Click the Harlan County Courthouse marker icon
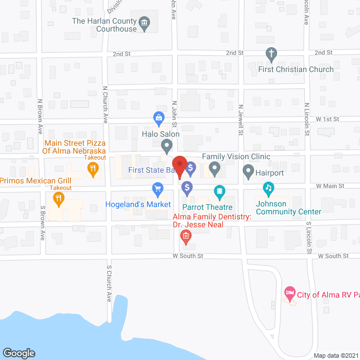(145, 23)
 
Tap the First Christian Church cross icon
(271, 55)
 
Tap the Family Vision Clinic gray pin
(214, 168)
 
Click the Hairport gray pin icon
(248, 170)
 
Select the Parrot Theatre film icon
(219, 193)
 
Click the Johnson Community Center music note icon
(269, 188)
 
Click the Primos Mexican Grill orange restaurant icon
(58, 198)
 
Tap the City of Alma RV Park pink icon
(290, 292)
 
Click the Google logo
(19, 353)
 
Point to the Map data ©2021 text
(335, 355)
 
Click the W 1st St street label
(327, 119)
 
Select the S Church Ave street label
(109, 285)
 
